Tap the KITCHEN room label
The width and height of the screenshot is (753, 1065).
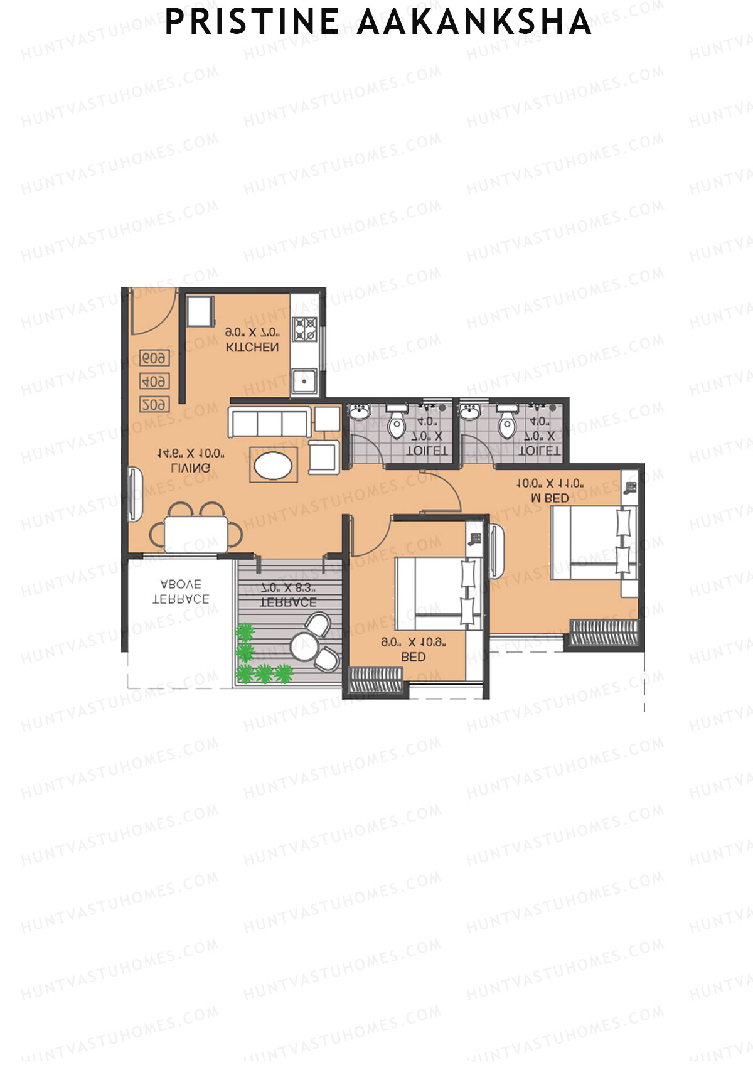pyautogui.click(x=252, y=347)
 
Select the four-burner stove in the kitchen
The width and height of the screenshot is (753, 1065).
pyautogui.click(x=306, y=329)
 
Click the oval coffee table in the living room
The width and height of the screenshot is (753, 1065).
pyautogui.click(x=273, y=465)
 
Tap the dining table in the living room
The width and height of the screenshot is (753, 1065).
pyautogui.click(x=195, y=533)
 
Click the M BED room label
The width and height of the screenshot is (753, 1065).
pyautogui.click(x=550, y=498)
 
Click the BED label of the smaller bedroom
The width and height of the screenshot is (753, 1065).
pyautogui.click(x=413, y=657)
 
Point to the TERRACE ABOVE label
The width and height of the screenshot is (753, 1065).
pyautogui.click(x=181, y=592)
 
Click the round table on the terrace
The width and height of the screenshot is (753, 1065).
pyautogui.click(x=304, y=645)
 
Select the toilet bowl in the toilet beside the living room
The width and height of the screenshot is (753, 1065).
pyautogui.click(x=397, y=425)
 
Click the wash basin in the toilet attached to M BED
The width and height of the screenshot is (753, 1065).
pyautogui.click(x=469, y=411)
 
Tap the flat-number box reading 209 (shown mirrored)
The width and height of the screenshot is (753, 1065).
pyautogui.click(x=154, y=405)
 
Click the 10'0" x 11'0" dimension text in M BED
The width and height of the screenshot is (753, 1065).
pyautogui.click(x=550, y=484)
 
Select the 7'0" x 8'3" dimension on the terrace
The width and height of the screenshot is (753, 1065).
pyautogui.click(x=288, y=589)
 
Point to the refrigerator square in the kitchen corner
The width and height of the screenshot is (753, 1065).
pyautogui.click(x=201, y=311)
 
